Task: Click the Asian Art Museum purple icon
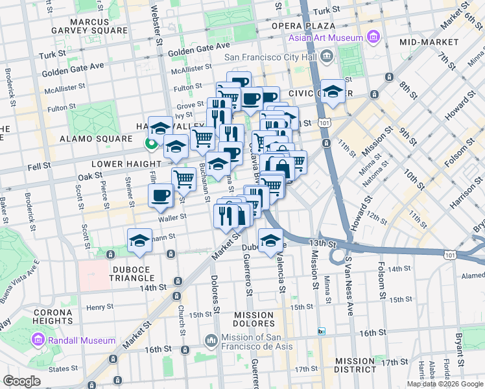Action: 373,38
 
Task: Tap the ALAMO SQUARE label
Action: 96,139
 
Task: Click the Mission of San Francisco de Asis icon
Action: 211,340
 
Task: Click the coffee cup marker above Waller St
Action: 160,194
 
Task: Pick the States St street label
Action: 62,369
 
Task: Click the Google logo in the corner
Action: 21,381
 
